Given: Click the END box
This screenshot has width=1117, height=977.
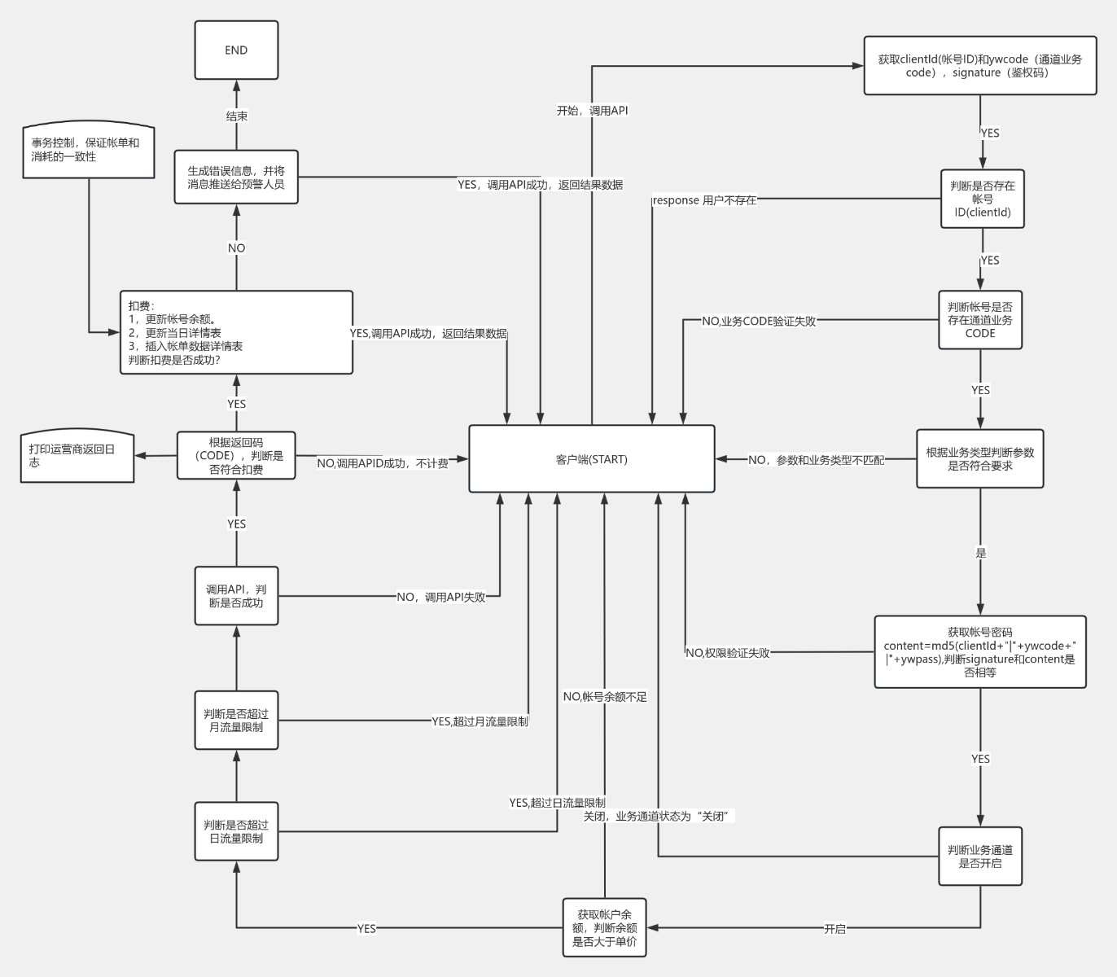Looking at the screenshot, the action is (236, 50).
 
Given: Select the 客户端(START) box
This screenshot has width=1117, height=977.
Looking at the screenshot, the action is (592, 459).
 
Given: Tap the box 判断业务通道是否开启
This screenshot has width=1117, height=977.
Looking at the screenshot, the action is (980, 857).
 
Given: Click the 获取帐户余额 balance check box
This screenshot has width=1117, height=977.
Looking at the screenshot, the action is (604, 927).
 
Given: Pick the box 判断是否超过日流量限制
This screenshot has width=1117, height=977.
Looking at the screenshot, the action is (236, 831).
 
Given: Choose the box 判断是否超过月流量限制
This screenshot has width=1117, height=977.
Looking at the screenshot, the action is (236, 721).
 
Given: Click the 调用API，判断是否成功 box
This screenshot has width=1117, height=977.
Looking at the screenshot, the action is (236, 596).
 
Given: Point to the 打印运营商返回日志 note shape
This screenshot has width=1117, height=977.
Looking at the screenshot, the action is (77, 455).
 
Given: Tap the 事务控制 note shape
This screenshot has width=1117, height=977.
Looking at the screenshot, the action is (89, 150).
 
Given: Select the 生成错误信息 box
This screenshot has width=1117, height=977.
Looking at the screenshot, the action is (236, 177).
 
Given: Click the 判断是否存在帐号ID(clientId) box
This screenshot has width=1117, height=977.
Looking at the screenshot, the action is (982, 199).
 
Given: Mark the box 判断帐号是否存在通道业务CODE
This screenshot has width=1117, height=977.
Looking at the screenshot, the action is (980, 320).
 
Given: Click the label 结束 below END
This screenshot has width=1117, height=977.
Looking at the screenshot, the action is (237, 116).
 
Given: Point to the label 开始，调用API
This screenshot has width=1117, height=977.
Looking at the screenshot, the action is (593, 111).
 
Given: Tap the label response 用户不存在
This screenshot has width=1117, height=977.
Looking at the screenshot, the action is (704, 200).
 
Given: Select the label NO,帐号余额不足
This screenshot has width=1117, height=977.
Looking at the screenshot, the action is (605, 696).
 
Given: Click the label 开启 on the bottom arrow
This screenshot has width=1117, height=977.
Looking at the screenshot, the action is (834, 929).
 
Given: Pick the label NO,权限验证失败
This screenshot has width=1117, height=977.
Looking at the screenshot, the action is (728, 653).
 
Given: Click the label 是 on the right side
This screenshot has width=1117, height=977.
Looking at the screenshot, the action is (981, 553).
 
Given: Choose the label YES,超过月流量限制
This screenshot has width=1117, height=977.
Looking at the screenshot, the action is (480, 721).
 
